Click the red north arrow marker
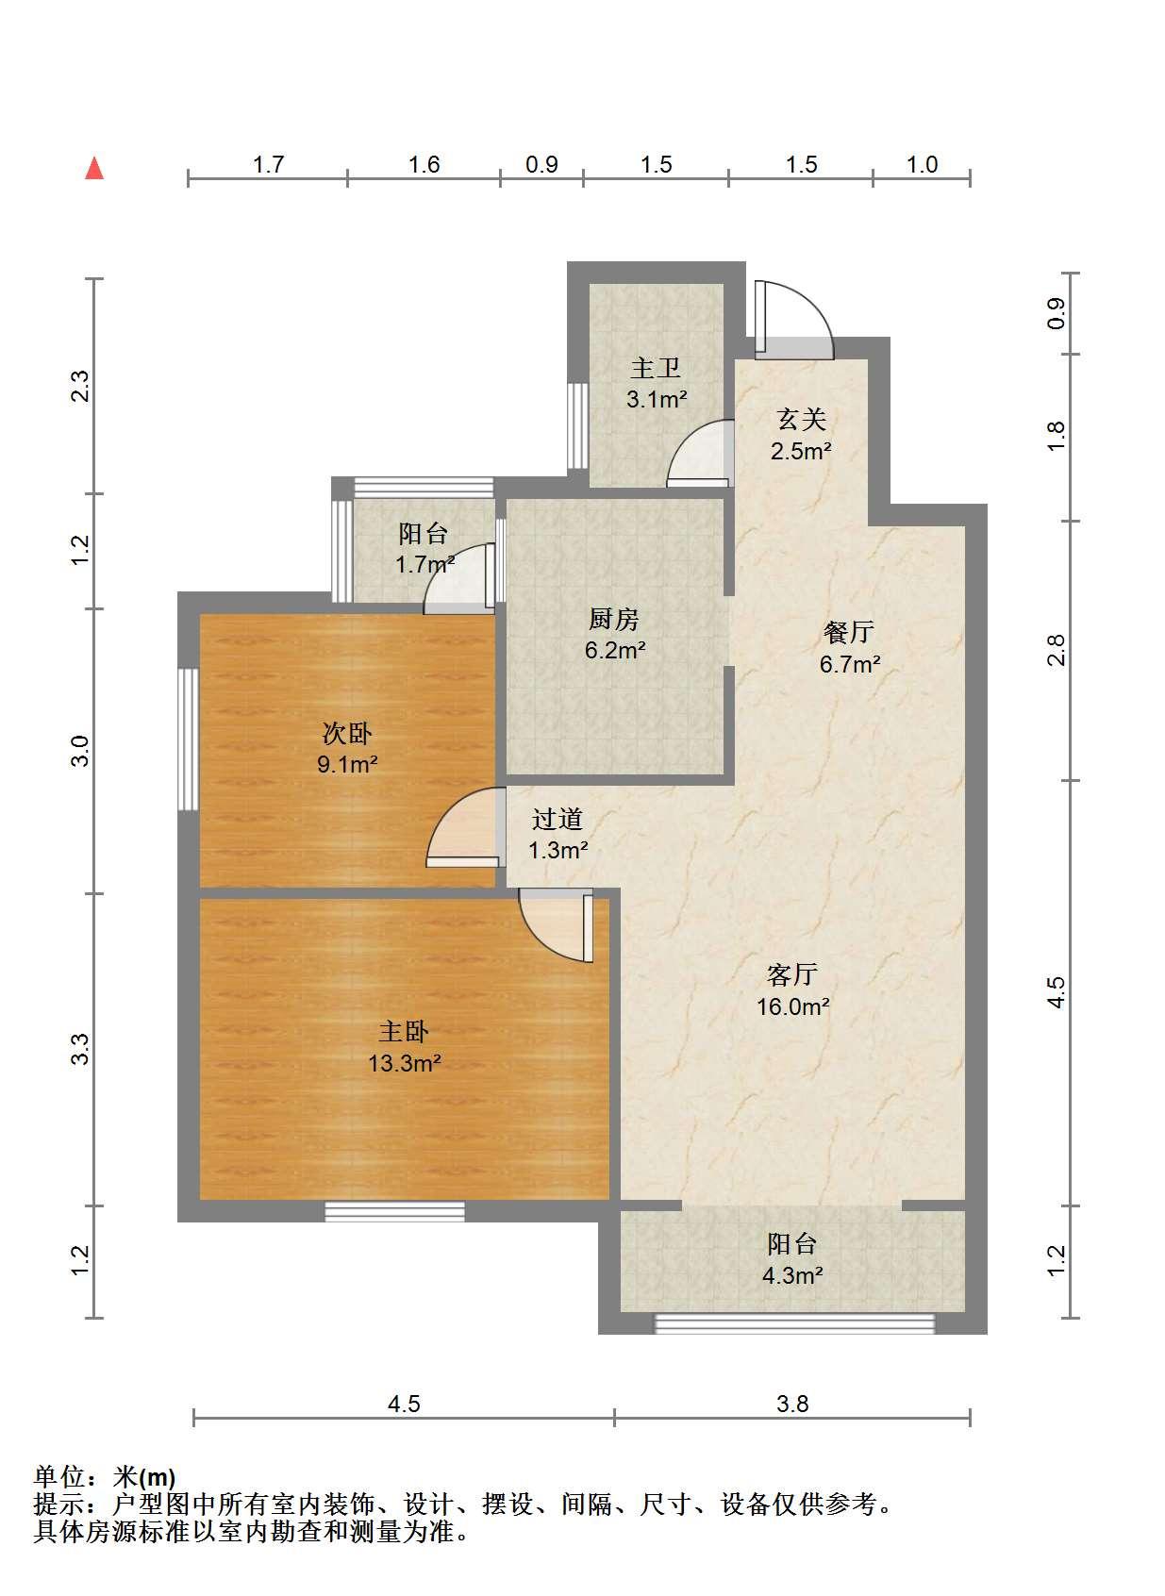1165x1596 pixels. click(x=94, y=169)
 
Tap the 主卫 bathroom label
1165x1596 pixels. click(x=656, y=369)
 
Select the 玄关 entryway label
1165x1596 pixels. click(x=802, y=420)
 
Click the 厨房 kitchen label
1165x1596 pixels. click(x=614, y=619)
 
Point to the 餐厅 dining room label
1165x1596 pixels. click(x=849, y=632)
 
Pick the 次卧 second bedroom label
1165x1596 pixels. click(x=347, y=733)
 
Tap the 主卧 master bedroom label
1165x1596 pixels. click(x=404, y=1032)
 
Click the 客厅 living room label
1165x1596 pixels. click(x=791, y=974)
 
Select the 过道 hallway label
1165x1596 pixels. click(x=558, y=819)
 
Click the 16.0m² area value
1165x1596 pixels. click(x=793, y=1006)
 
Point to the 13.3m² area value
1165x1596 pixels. click(x=404, y=1064)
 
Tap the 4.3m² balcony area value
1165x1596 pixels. click(x=792, y=1275)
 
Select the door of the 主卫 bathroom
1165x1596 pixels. click(x=701, y=454)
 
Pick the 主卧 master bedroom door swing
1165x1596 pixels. click(x=556, y=924)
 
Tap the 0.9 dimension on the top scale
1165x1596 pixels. click(x=541, y=164)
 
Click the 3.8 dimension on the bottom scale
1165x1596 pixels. click(x=792, y=1404)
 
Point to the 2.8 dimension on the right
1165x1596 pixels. click(x=1056, y=650)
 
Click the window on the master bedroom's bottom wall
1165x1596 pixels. click(x=394, y=1211)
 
